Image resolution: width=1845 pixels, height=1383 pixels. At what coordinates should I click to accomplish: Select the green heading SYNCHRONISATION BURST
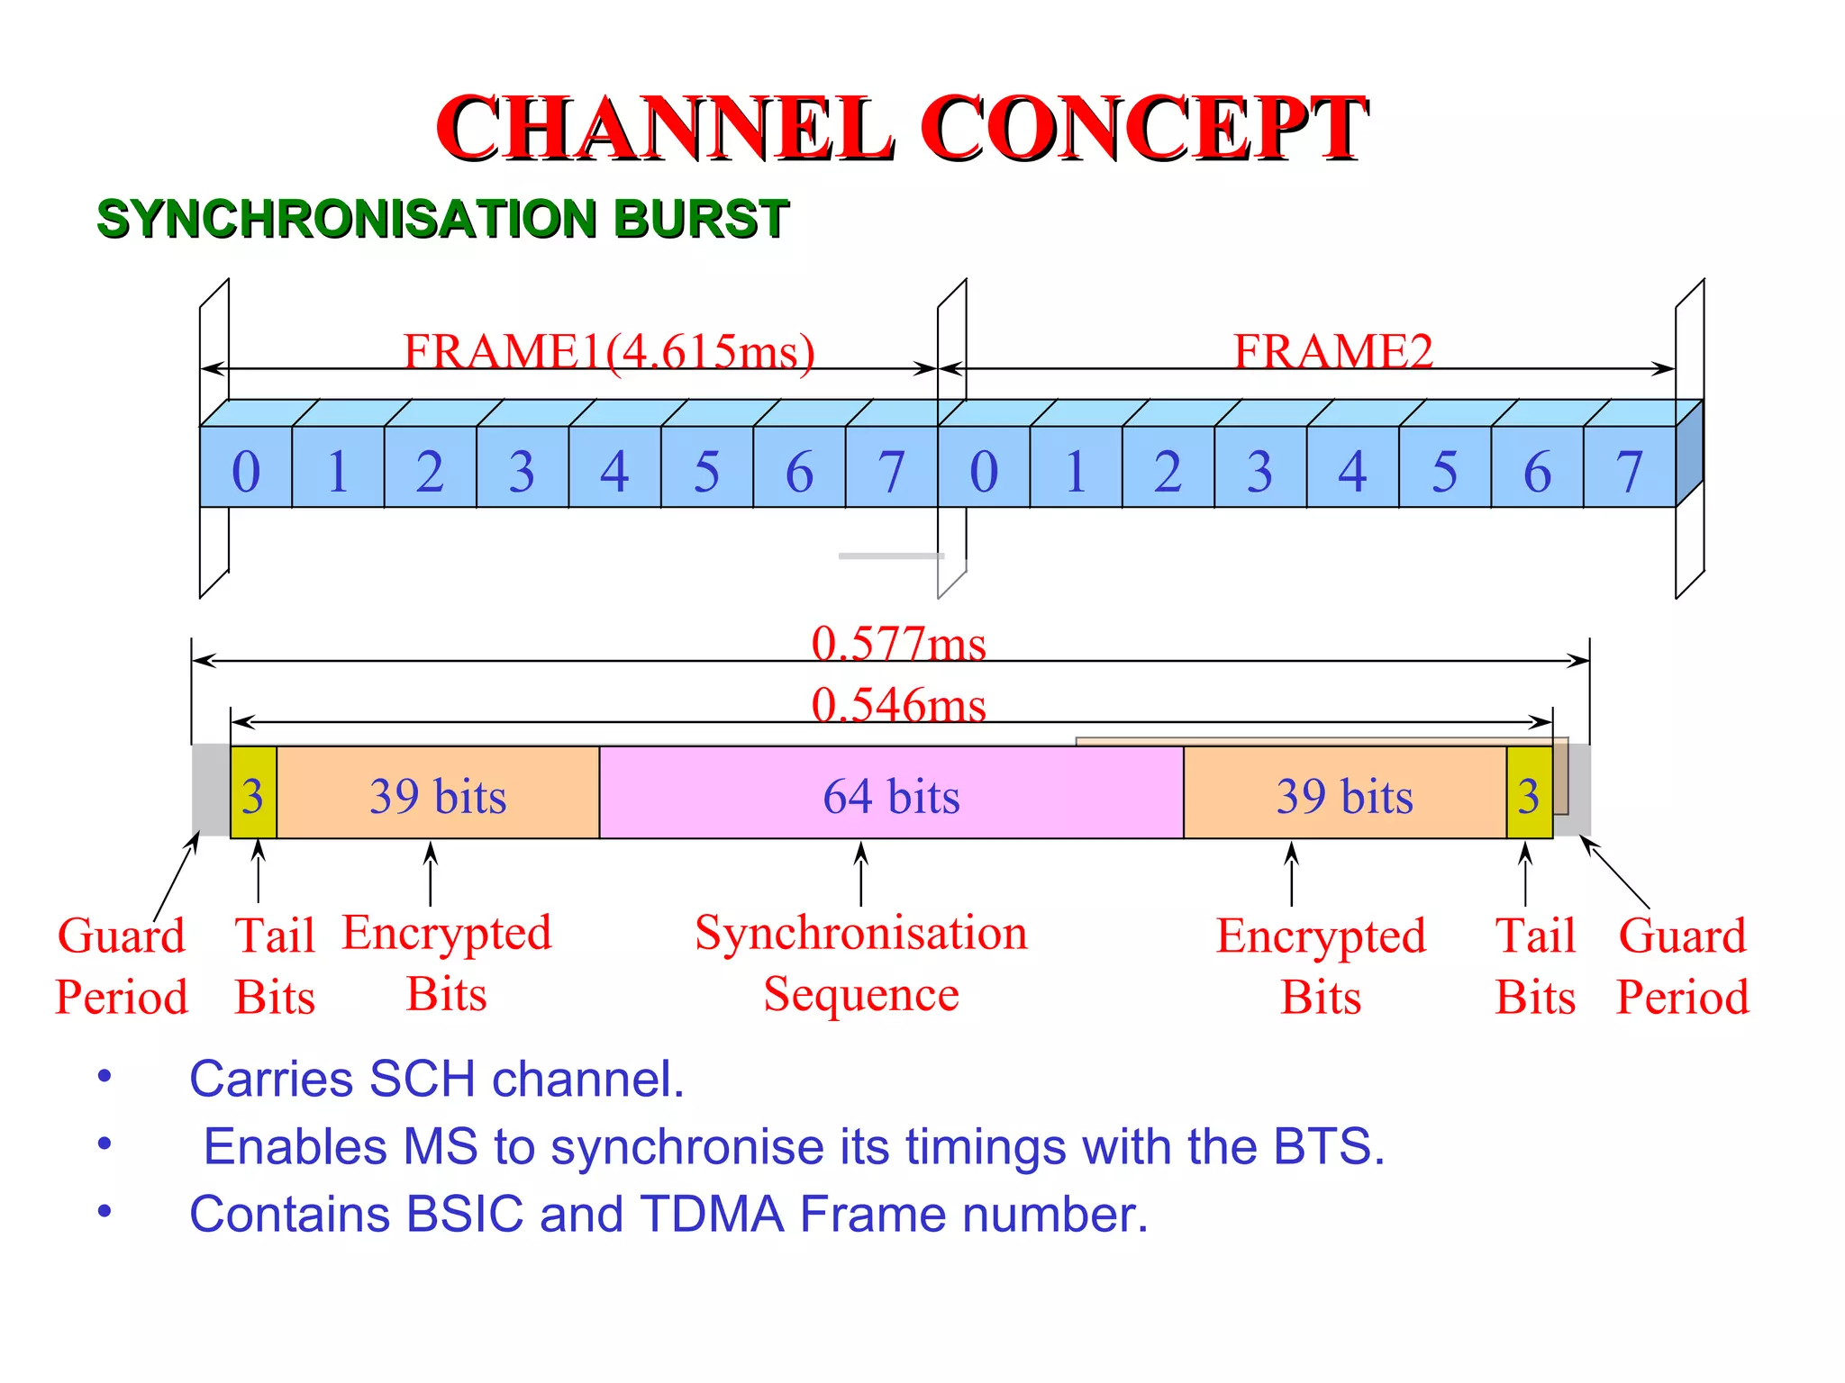click(442, 219)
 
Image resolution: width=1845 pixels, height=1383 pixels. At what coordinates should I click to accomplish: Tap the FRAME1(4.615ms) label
click(609, 350)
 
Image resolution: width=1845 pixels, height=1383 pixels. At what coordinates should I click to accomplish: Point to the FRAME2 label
click(1332, 350)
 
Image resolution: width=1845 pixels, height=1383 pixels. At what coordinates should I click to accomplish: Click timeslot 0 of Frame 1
click(246, 469)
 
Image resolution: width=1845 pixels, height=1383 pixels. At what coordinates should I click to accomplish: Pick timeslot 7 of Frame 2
click(1629, 469)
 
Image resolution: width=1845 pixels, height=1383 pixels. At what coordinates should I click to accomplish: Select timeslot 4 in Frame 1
click(614, 469)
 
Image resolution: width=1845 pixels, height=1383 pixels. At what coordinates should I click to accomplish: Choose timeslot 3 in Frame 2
click(1259, 469)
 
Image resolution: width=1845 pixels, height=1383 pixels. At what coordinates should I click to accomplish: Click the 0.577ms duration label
click(898, 643)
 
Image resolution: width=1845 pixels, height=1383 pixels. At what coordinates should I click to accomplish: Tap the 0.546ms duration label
click(898, 704)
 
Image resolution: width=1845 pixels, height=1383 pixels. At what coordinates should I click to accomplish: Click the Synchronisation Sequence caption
click(861, 963)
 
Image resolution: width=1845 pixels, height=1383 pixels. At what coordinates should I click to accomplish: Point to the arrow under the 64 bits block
click(861, 873)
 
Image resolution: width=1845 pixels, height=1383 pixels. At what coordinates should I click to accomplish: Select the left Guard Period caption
click(122, 965)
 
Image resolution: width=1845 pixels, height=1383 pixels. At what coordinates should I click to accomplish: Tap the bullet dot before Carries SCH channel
click(105, 1075)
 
